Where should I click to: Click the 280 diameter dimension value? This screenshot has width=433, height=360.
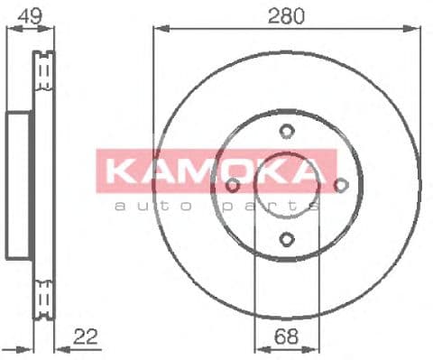click(286, 15)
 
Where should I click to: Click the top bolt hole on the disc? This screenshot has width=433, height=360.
click(286, 132)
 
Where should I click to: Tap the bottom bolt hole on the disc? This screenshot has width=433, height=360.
click(286, 239)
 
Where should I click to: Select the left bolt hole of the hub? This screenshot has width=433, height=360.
click(232, 186)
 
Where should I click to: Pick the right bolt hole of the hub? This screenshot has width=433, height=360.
click(340, 186)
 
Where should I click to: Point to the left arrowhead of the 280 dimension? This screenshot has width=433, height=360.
click(157, 29)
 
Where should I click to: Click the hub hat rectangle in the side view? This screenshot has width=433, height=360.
click(20, 185)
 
